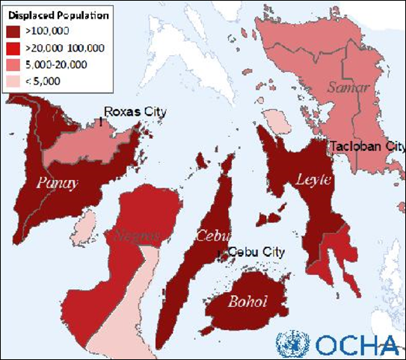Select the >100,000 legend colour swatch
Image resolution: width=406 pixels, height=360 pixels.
point(13,32)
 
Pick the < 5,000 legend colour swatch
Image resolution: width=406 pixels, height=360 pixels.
point(13,81)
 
